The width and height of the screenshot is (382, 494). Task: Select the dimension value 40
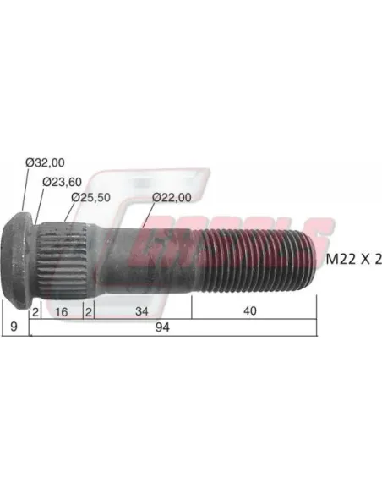point(249,310)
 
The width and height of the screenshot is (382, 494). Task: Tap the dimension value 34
point(140,310)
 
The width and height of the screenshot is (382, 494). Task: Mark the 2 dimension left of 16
point(35,310)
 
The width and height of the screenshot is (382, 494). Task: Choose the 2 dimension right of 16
point(88,310)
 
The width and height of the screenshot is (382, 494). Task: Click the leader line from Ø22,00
point(148,216)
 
